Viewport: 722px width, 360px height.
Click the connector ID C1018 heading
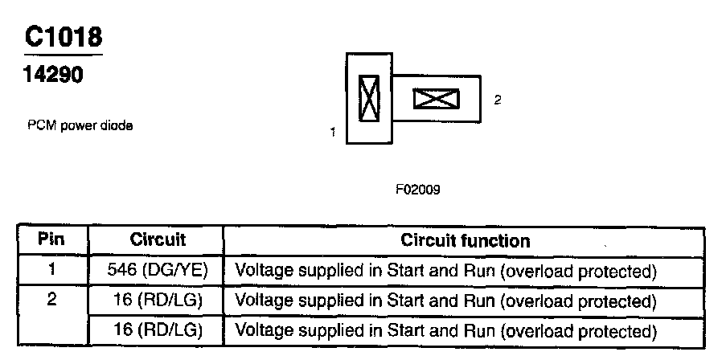(x=63, y=37)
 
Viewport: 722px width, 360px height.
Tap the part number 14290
(x=53, y=75)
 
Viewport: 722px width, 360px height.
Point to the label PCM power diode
(x=80, y=125)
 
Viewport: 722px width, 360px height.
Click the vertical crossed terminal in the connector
(x=369, y=99)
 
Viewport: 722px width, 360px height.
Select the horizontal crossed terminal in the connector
(x=436, y=99)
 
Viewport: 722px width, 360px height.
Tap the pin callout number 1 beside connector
(x=333, y=132)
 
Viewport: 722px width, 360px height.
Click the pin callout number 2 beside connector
(x=498, y=100)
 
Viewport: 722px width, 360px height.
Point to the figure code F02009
(x=417, y=190)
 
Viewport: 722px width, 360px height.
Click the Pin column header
(x=51, y=239)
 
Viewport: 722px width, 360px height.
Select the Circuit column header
(x=158, y=239)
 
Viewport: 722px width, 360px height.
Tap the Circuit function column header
(x=466, y=239)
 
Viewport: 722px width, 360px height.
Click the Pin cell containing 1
(x=52, y=270)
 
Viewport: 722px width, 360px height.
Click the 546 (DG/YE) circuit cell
(x=158, y=271)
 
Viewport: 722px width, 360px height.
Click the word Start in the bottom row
(x=406, y=330)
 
